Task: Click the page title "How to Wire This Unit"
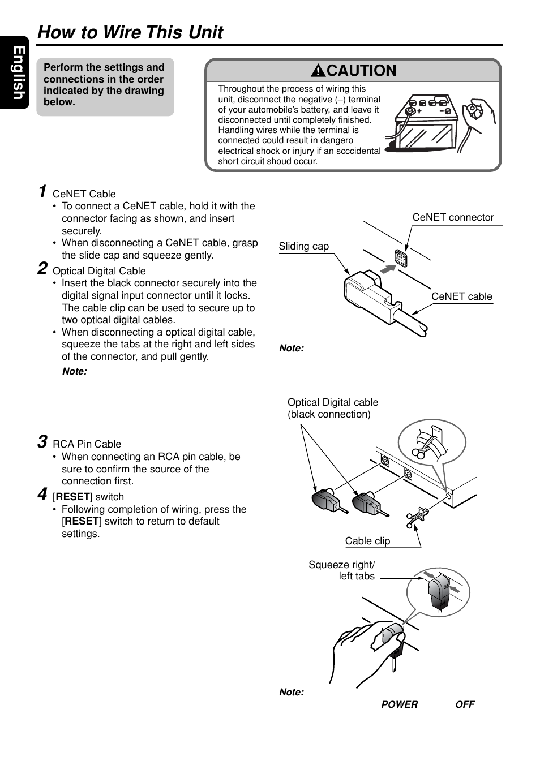[130, 32]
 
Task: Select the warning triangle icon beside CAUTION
[318, 71]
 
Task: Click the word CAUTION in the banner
[361, 71]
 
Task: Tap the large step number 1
[42, 192]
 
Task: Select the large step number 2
[42, 269]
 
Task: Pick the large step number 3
[42, 442]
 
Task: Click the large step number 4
[42, 495]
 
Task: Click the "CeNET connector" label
[453, 217]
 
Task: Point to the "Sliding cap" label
[303, 246]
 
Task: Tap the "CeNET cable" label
[461, 296]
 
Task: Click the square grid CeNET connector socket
[401, 257]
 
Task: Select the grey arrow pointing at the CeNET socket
[388, 268]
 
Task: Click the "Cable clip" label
[367, 541]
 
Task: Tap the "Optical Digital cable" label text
[332, 402]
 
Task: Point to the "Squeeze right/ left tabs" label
[342, 570]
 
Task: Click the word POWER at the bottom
[399, 704]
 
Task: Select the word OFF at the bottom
[465, 704]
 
